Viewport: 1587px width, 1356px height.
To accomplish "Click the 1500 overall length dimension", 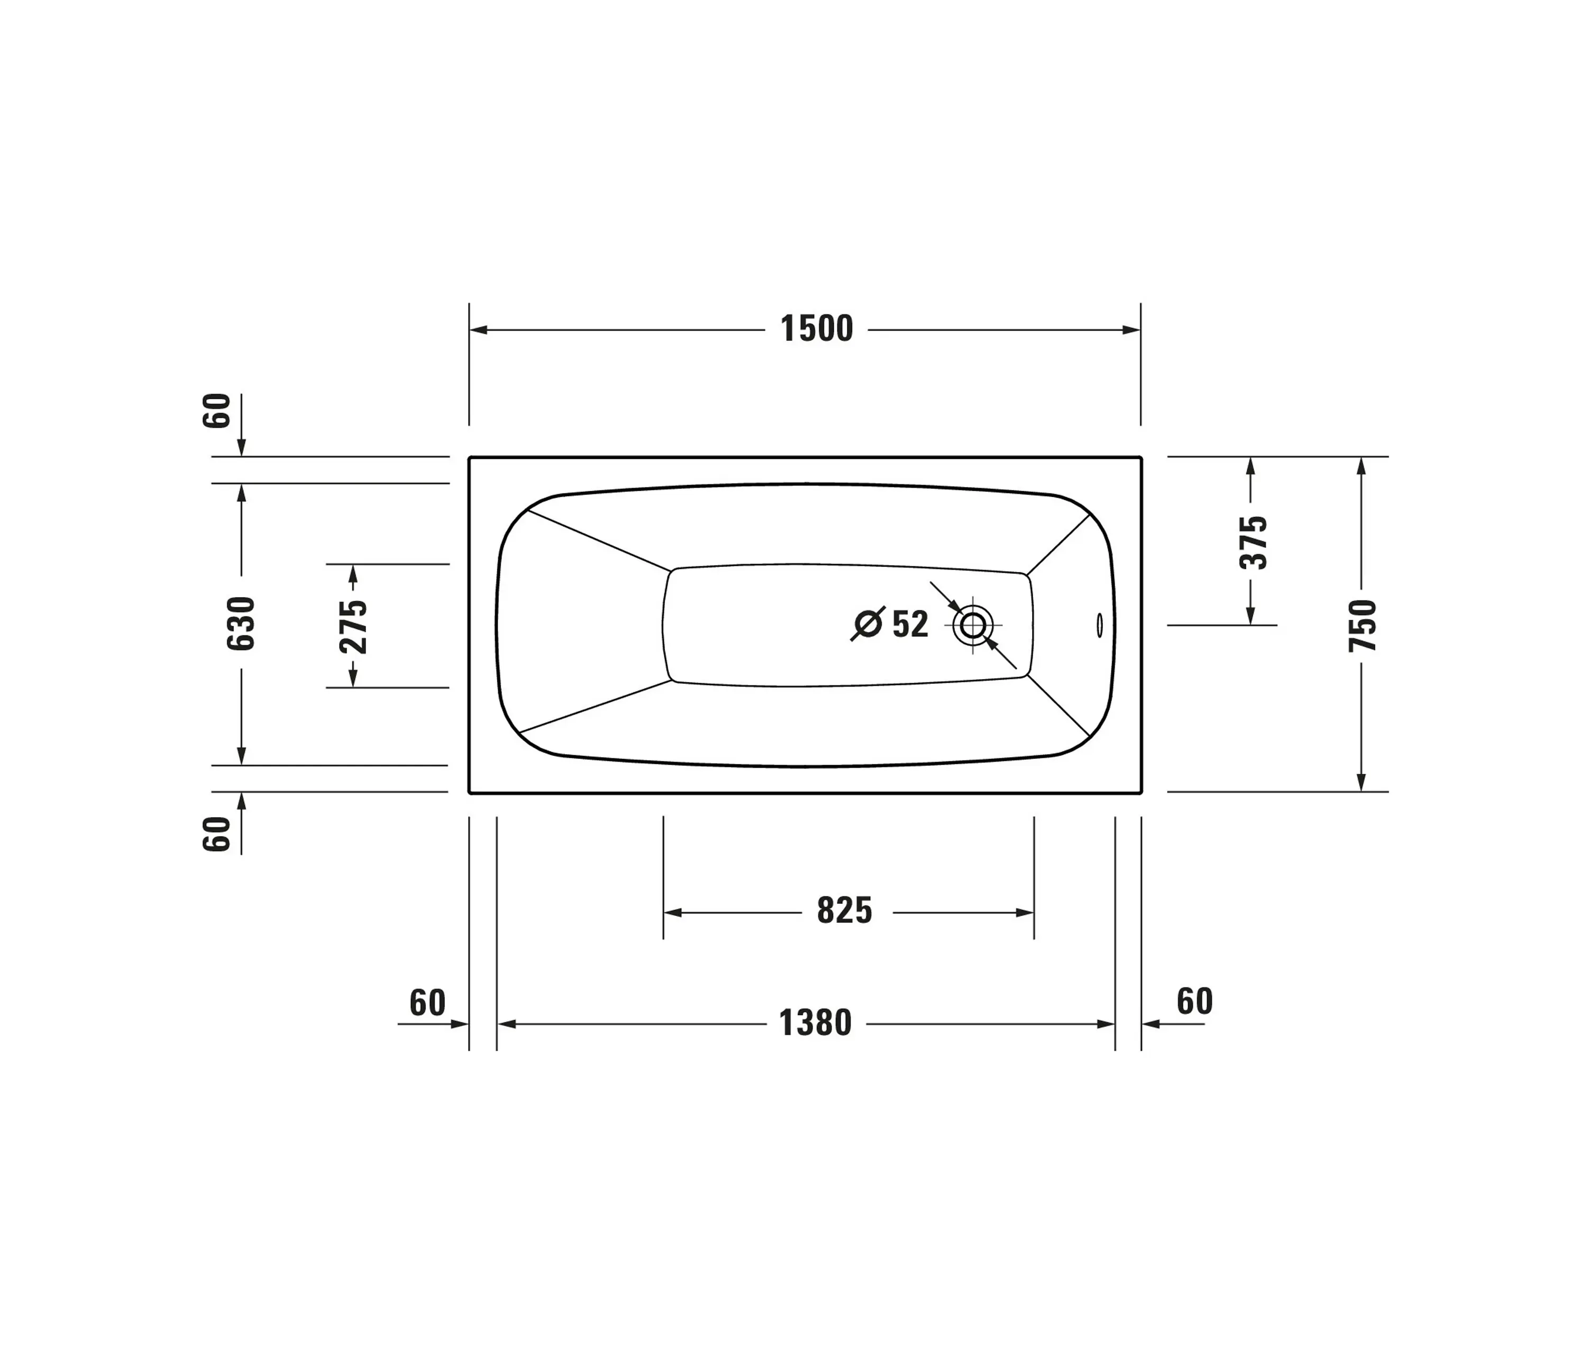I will pos(816,329).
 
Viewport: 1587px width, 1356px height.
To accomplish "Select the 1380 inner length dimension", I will pos(815,1024).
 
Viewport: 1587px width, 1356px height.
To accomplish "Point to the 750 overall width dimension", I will pos(1363,626).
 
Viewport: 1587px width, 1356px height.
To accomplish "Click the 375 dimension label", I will pos(1253,542).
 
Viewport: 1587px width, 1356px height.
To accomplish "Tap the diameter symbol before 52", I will pos(868,624).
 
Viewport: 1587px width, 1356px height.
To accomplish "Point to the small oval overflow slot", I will pos(1100,625).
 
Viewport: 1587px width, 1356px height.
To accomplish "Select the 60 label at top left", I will pos(217,410).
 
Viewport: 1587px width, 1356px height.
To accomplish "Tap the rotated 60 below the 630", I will pos(217,834).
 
